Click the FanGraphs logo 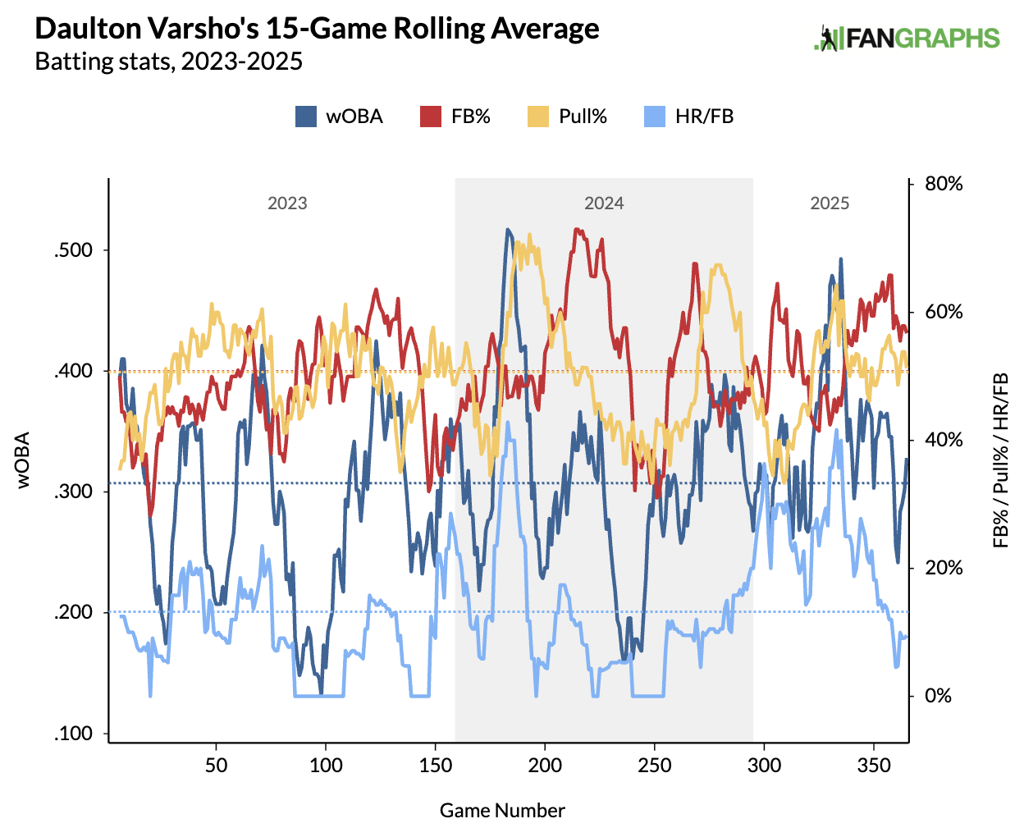pos(907,38)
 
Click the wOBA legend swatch pos(306,117)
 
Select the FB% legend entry pos(455,117)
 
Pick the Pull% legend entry pos(566,117)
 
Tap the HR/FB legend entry pos(688,117)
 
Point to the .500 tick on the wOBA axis pos(75,250)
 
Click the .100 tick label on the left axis pos(75,734)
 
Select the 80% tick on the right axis pos(944,184)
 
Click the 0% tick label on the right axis pos(938,696)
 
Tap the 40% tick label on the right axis pos(944,440)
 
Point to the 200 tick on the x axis pos(545,766)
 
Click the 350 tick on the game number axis pos(874,766)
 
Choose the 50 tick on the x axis pos(216,766)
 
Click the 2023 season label pos(287,204)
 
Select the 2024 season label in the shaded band pos(604,204)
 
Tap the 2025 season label pos(830,204)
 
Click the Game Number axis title pos(502,811)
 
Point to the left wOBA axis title pos(23,460)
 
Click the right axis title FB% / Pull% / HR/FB pos(1000,460)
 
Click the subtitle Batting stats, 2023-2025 pos(168,62)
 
